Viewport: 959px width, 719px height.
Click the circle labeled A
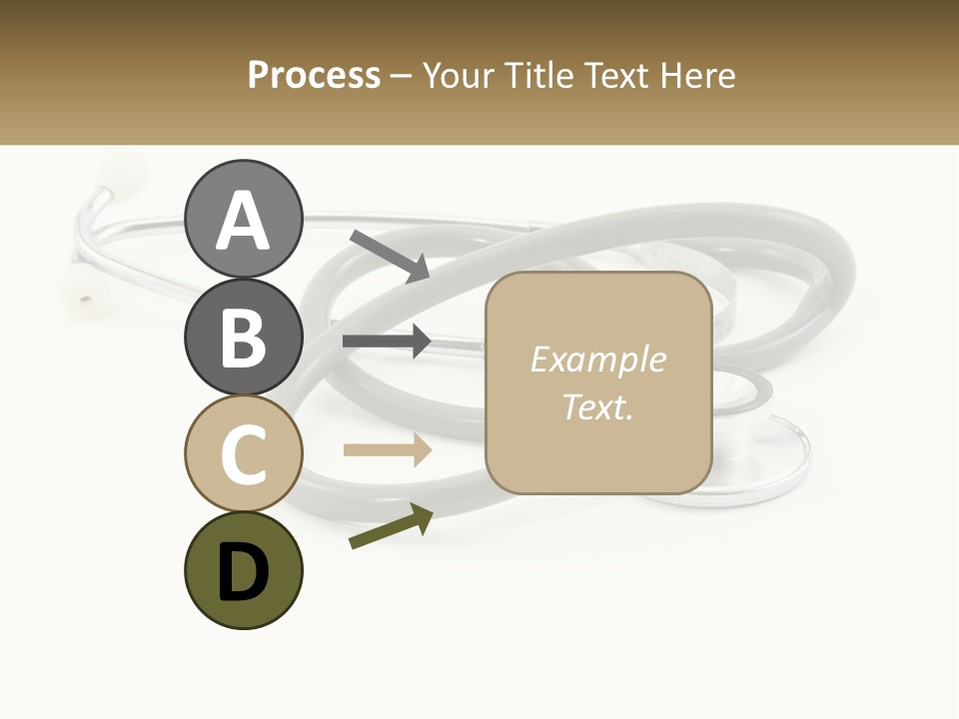(x=243, y=219)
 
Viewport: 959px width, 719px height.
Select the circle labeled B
(x=243, y=337)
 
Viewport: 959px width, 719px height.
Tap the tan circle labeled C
(x=243, y=453)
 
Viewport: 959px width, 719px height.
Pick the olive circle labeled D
(x=243, y=570)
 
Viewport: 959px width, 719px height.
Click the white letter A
(x=243, y=220)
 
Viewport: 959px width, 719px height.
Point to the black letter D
(x=243, y=572)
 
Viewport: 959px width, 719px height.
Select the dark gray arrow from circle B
(x=387, y=342)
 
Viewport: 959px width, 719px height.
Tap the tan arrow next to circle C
(x=387, y=449)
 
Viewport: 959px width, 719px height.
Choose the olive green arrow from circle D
(x=391, y=526)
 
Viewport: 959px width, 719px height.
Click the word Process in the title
(x=314, y=75)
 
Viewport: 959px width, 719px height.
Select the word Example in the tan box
(x=597, y=359)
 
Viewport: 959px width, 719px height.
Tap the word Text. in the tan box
(x=597, y=406)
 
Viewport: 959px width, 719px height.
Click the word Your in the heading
(x=457, y=75)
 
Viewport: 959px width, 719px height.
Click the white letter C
(x=243, y=455)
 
